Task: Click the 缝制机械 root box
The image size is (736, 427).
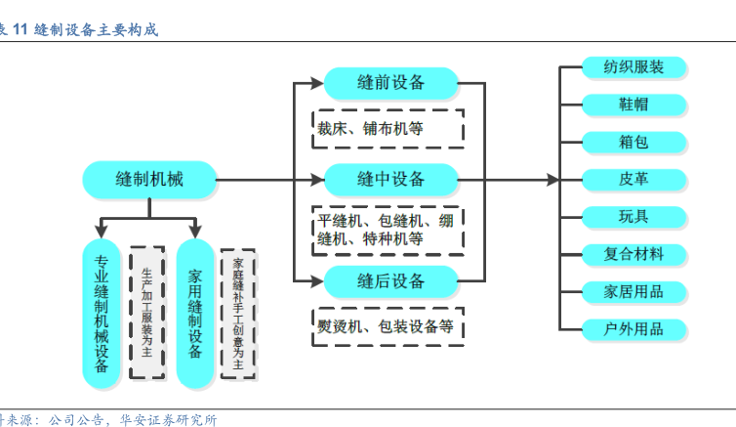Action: (x=148, y=179)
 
